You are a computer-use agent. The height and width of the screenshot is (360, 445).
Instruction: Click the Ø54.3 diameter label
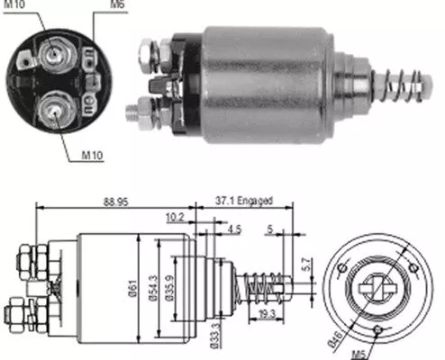(156, 289)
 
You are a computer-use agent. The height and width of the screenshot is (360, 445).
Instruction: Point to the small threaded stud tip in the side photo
(132, 112)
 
